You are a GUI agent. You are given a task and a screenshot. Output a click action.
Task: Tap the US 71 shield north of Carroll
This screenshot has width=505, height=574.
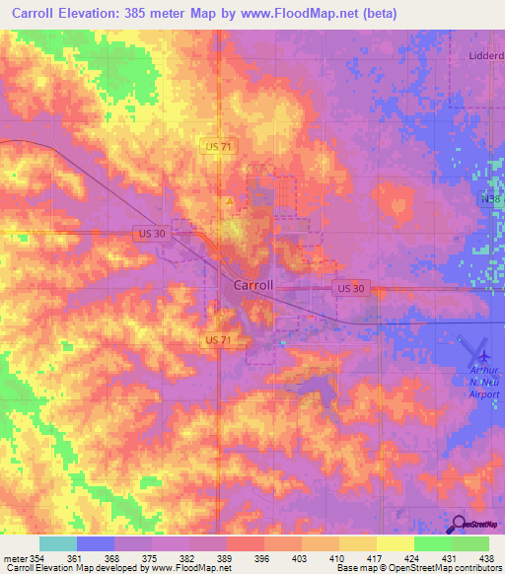[x=220, y=146]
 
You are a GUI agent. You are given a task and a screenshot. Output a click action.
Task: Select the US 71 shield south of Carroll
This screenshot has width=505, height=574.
[x=220, y=339]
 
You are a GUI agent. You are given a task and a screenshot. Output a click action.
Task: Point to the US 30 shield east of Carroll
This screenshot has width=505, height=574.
[x=349, y=288]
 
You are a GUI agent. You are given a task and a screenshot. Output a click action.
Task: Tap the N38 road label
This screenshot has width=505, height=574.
[x=492, y=200]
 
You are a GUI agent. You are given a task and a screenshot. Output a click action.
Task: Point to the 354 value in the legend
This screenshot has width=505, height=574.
[x=31, y=559]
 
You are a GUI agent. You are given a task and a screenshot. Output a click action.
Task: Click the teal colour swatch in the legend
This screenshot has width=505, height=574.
[x=58, y=543]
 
